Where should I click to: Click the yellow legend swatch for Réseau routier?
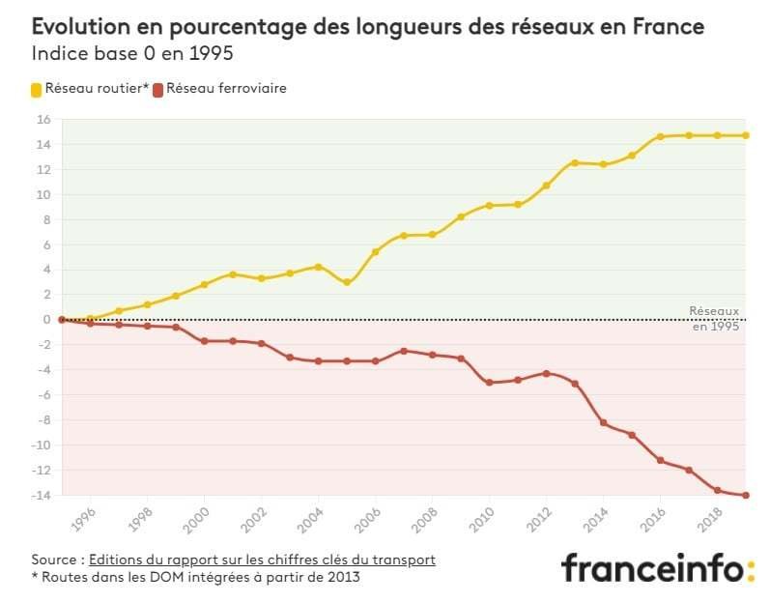click(x=38, y=89)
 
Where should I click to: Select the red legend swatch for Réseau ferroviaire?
click(x=159, y=89)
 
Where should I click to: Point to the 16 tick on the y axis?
click(x=43, y=120)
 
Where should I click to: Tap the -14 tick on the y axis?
click(x=41, y=496)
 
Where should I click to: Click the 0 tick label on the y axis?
click(x=45, y=320)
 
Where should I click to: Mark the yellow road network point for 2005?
click(x=347, y=282)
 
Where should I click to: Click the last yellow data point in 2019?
click(x=746, y=135)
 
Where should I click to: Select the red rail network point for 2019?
click(x=746, y=496)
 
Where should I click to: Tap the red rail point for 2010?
click(x=490, y=383)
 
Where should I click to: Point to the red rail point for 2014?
click(x=604, y=422)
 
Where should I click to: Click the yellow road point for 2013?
click(x=575, y=162)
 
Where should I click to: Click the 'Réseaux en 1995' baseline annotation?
click(x=715, y=319)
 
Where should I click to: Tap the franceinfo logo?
click(x=657, y=567)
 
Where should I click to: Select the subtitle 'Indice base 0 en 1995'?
click(x=132, y=52)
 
